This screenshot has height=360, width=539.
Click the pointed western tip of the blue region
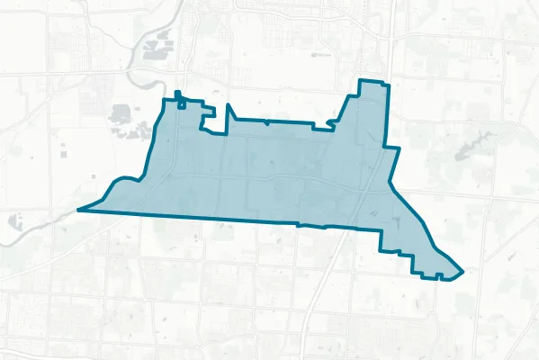[78, 209]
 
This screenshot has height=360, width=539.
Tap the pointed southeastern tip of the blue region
[462, 270]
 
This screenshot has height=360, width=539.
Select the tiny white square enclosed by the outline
[183, 104]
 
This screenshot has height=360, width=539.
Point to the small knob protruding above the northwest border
[177, 94]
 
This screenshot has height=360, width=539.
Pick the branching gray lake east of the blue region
[469, 145]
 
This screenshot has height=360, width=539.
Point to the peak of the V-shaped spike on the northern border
[229, 107]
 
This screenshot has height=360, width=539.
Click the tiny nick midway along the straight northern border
[267, 121]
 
